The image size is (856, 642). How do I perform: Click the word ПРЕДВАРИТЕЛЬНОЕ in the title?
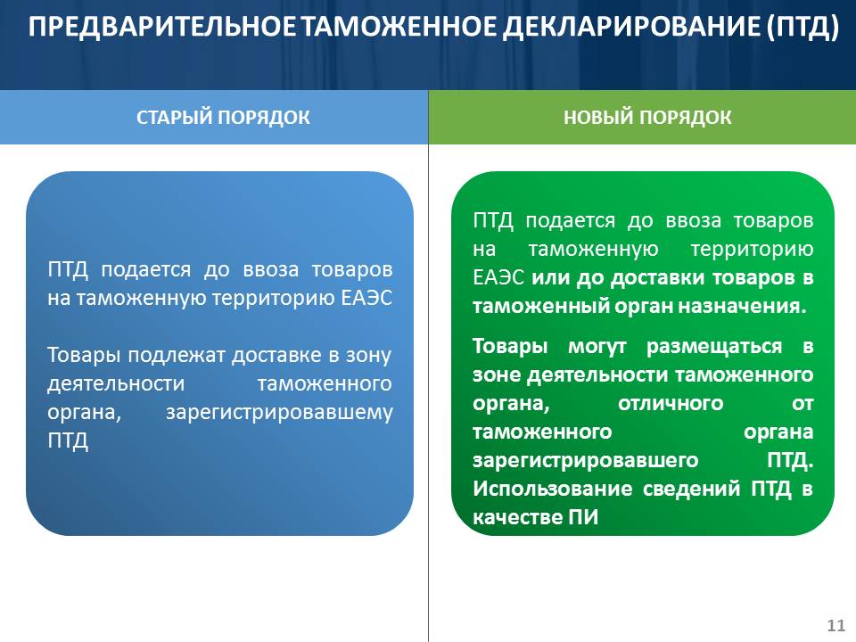point(162,26)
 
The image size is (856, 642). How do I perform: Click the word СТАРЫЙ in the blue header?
point(174,118)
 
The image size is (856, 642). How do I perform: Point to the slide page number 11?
point(835,625)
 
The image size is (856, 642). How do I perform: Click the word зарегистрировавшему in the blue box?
point(279,413)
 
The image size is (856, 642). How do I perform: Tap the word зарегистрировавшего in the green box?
point(585,461)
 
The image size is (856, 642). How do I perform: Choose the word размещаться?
point(714,347)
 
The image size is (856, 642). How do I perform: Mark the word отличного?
point(671,403)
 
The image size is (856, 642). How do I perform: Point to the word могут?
point(597,347)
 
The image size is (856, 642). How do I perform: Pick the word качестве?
point(517,517)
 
